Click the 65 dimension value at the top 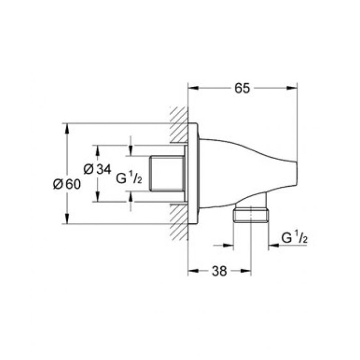click(242, 88)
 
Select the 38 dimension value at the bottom click(219, 272)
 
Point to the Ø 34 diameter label click(97, 169)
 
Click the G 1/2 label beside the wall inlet click(129, 178)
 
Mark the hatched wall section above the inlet click(178, 125)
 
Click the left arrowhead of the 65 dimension click(191, 88)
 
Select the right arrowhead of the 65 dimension click(294, 88)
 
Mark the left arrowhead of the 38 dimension click(191, 272)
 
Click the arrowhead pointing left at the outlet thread click(272, 246)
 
